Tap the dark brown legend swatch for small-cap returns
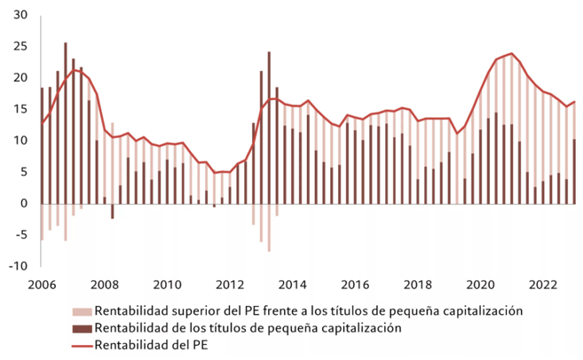click(x=81, y=328)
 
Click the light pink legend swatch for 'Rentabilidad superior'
click(x=81, y=311)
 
